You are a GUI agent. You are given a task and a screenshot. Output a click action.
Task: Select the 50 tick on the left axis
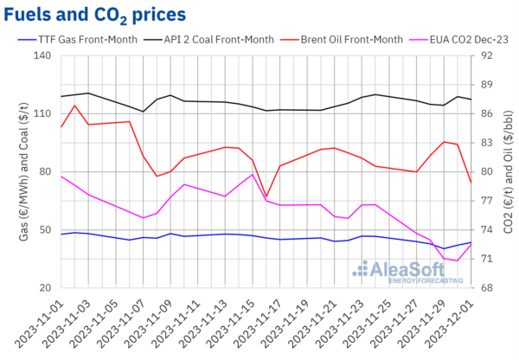(x=43, y=229)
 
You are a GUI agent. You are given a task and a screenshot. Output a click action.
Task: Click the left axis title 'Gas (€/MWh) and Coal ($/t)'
(x=16, y=171)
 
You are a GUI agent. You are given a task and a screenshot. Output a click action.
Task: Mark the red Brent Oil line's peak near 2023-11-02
(x=75, y=106)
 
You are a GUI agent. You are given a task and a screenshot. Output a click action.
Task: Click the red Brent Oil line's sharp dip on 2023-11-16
(x=266, y=197)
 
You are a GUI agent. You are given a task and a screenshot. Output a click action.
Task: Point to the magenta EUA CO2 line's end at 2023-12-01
(x=471, y=244)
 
